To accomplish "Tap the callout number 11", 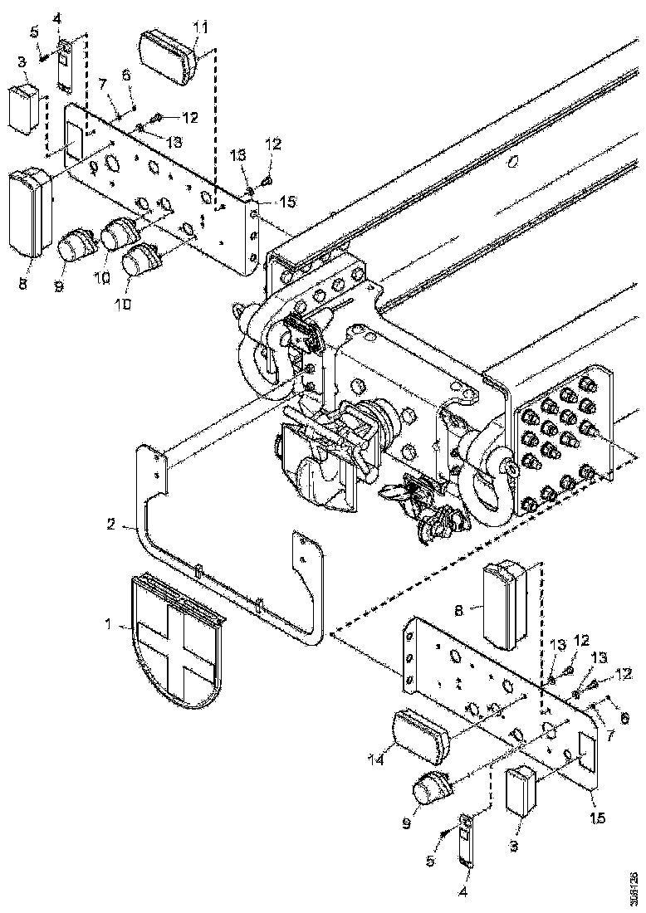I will tap(199, 27).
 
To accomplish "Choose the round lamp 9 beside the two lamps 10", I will tap(77, 247).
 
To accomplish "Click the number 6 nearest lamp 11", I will tap(127, 75).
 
